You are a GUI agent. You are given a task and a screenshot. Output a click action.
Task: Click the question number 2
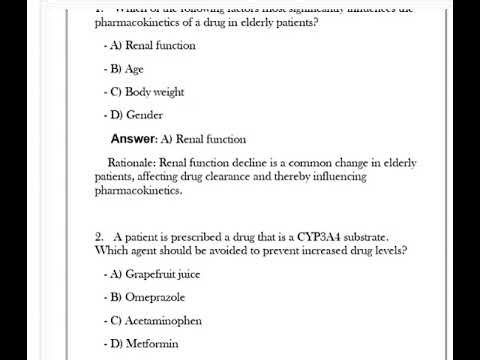[100, 236]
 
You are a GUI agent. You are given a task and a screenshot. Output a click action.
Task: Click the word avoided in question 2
[223, 249]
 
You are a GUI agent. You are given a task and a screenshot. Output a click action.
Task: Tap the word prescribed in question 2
[187, 236]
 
